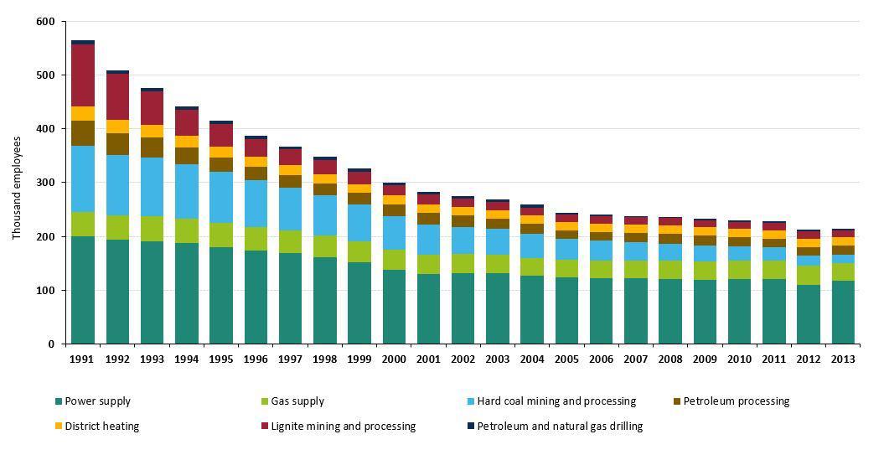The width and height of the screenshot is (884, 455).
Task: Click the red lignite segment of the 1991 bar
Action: coord(83,75)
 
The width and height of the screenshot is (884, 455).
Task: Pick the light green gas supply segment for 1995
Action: coord(221,235)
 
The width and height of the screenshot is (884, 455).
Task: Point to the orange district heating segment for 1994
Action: coord(186,142)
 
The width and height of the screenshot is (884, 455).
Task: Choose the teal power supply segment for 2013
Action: coord(842,313)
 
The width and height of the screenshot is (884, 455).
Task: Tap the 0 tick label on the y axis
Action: coord(50,344)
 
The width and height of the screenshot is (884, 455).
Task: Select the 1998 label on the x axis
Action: coord(324,359)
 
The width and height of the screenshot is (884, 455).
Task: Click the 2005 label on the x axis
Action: coord(566,359)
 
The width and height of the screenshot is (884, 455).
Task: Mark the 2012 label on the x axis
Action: coord(809,359)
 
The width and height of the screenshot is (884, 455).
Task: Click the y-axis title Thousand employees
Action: coord(17,188)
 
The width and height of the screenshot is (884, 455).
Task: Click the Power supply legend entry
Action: coord(97,401)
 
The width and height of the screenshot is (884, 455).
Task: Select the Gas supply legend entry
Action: coord(297,401)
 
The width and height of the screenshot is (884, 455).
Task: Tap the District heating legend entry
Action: coord(101,427)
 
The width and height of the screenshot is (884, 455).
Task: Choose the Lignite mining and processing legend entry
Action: coord(343,427)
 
